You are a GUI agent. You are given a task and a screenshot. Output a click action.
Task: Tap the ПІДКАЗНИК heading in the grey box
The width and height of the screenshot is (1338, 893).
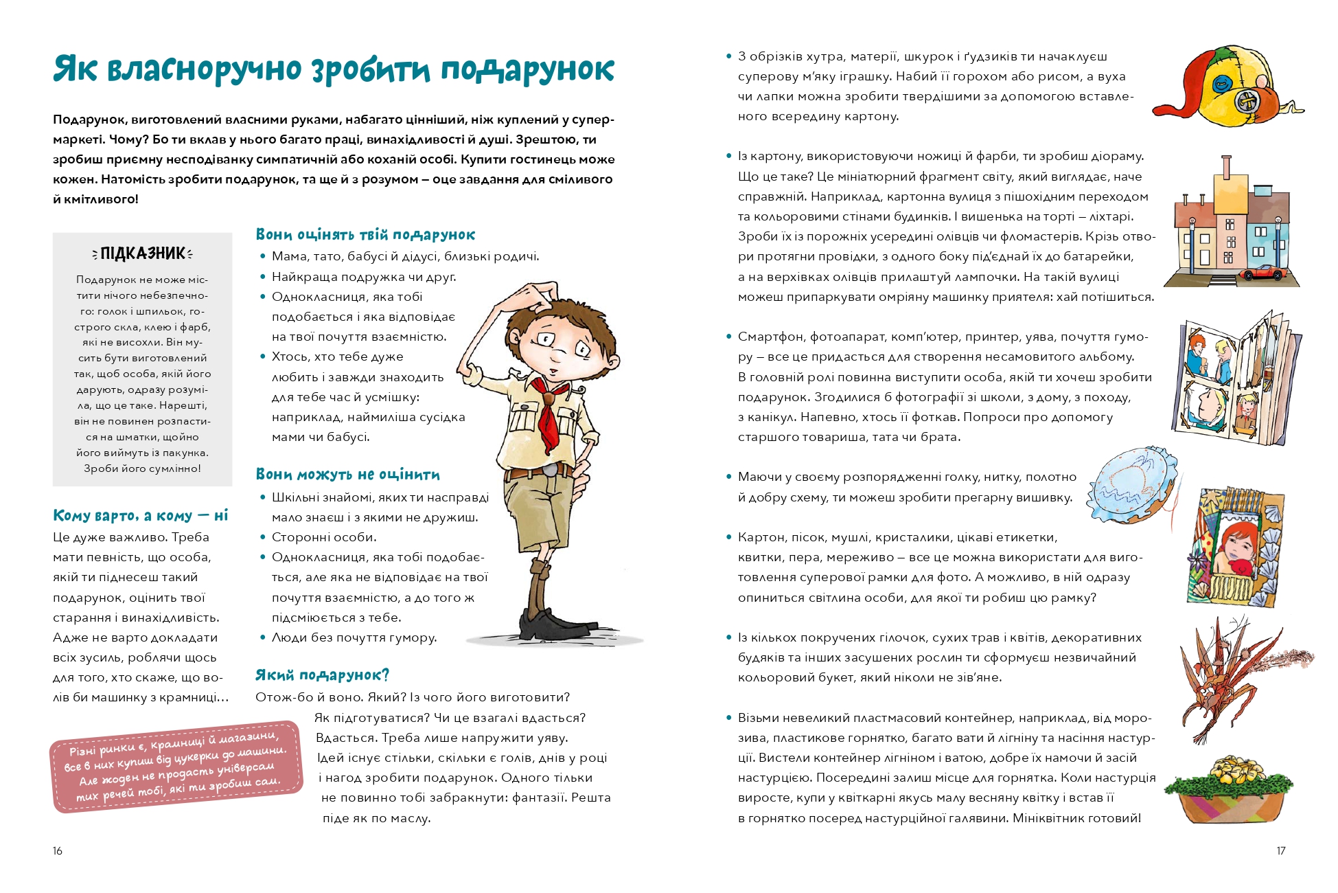[143, 253]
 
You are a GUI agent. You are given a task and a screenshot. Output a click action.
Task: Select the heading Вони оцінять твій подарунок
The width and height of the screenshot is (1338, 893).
[365, 235]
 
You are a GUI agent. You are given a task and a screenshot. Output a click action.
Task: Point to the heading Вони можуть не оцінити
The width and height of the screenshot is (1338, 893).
[347, 475]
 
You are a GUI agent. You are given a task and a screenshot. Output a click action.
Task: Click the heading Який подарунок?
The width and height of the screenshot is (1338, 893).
[322, 675]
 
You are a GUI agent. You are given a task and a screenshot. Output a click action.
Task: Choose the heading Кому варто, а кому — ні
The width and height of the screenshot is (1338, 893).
[140, 516]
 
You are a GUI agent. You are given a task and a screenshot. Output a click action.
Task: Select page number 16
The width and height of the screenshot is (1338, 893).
[58, 851]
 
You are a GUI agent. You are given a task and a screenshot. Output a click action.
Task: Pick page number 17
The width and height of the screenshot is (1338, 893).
[1280, 851]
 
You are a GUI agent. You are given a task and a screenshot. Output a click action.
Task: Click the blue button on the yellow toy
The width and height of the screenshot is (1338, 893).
[1221, 86]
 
